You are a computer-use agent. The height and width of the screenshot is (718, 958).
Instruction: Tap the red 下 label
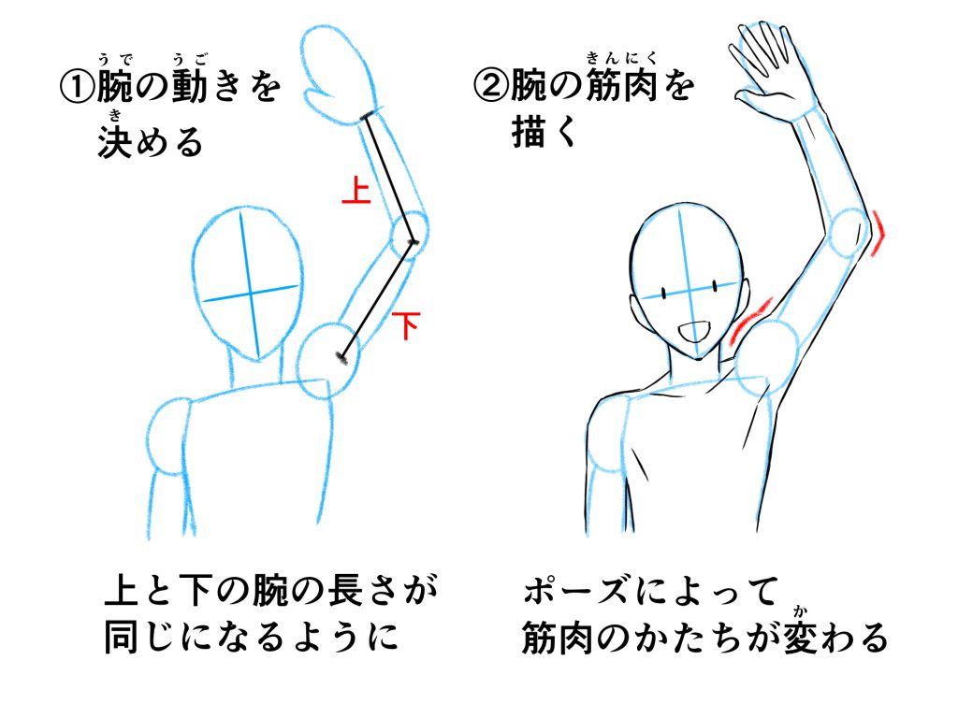coord(406,324)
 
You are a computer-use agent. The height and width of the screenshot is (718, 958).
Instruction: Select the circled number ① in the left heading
coord(78,87)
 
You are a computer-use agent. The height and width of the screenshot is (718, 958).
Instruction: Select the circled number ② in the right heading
coord(491,85)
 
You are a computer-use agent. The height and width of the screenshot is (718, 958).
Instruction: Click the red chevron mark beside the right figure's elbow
coord(878,233)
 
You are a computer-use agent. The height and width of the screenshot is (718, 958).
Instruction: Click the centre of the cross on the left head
coord(251,294)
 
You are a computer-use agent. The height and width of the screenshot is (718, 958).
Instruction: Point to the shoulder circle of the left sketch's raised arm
coord(327,361)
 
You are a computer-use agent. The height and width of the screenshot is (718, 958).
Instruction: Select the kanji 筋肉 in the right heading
coord(621,85)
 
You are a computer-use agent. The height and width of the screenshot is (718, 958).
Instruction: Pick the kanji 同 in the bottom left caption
coord(121,637)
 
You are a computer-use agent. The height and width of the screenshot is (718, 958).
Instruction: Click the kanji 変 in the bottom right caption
coord(801,638)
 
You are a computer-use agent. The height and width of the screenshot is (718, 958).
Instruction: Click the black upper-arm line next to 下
coord(376,300)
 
